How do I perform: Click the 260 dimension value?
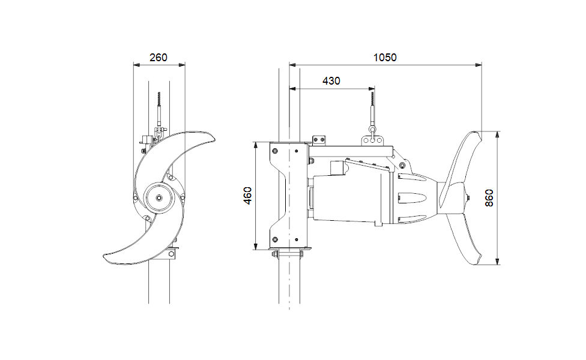point(159,58)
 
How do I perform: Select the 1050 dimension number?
point(385,58)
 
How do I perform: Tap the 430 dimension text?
point(331,81)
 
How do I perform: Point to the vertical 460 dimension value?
point(247,196)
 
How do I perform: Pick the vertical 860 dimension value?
point(489,198)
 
